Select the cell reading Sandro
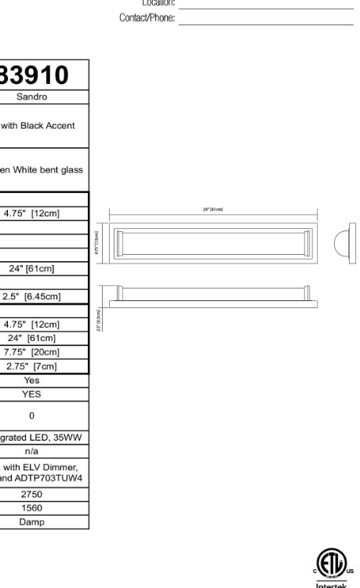click(32, 97)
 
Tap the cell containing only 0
click(31, 416)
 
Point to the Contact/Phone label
click(147, 18)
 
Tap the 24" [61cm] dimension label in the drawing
click(213, 209)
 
